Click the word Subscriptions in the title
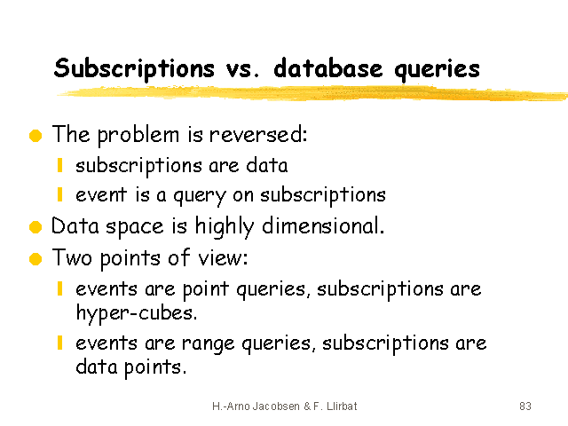tap(134, 68)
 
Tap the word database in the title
tap(327, 67)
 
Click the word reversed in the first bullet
tap(258, 134)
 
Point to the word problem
tap(138, 135)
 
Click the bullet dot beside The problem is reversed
tap(35, 136)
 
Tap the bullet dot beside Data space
tap(35, 227)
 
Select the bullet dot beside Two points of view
tap(35, 259)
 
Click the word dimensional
tap(323, 226)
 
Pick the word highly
tap(225, 227)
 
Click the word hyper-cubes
tap(137, 313)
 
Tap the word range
tap(208, 343)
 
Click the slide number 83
tap(525, 406)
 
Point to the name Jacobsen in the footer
tap(276, 406)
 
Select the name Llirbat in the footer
tap(342, 406)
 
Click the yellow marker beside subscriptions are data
tap(60, 165)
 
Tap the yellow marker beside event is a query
tap(60, 194)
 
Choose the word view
tap(223, 258)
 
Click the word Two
tap(72, 257)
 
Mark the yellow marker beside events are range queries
tap(60, 343)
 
